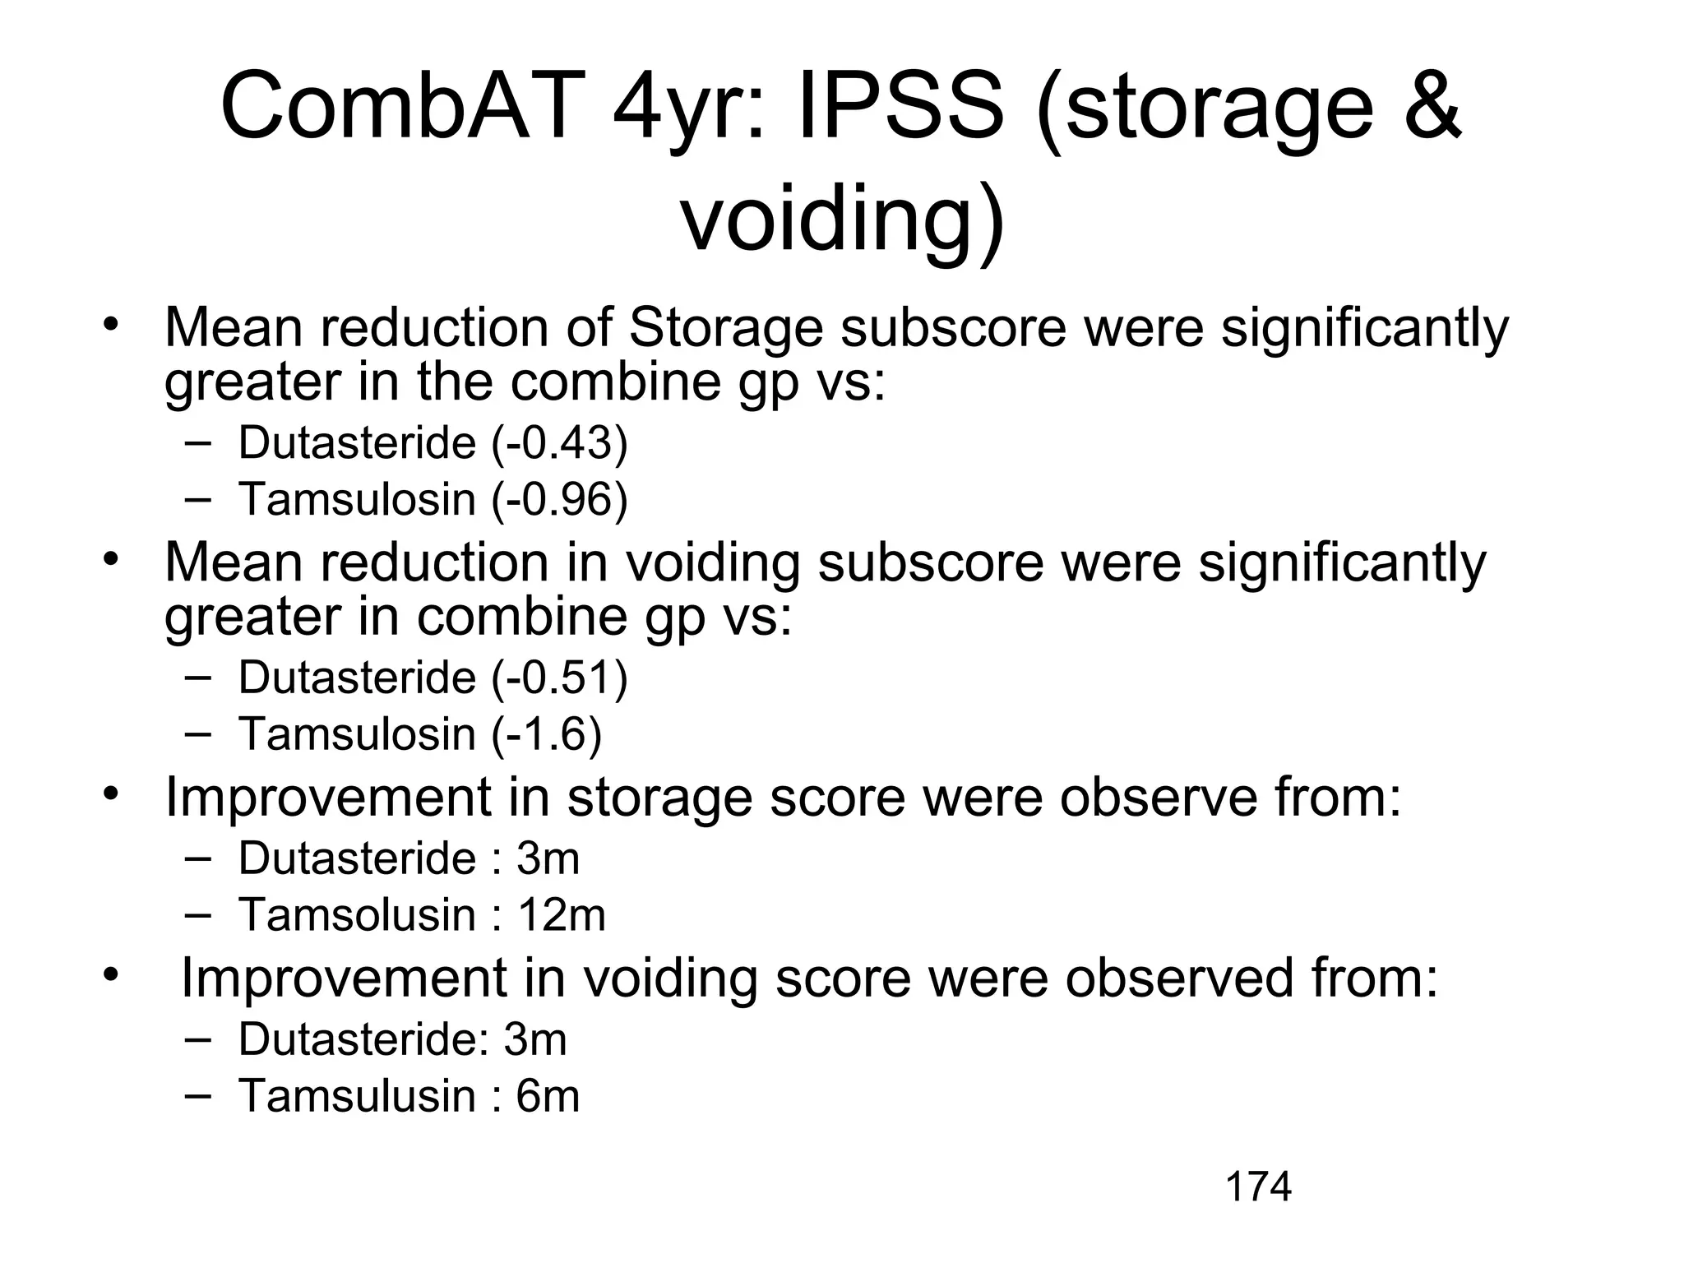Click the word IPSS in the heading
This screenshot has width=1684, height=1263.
pyautogui.click(x=900, y=108)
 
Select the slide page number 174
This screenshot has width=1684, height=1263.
pyautogui.click(x=1258, y=1187)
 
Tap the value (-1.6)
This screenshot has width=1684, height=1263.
pyautogui.click(x=547, y=734)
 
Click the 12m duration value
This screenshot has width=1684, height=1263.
pyautogui.click(x=562, y=915)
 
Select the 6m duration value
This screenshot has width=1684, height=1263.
pyautogui.click(x=548, y=1096)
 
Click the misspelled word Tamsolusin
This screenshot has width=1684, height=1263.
pyautogui.click(x=356, y=915)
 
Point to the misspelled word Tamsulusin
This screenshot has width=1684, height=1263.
pyautogui.click(x=356, y=1096)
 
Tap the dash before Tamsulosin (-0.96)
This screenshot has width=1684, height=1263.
pyautogui.click(x=197, y=499)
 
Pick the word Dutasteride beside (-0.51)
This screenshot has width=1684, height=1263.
pyautogui.click(x=357, y=678)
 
